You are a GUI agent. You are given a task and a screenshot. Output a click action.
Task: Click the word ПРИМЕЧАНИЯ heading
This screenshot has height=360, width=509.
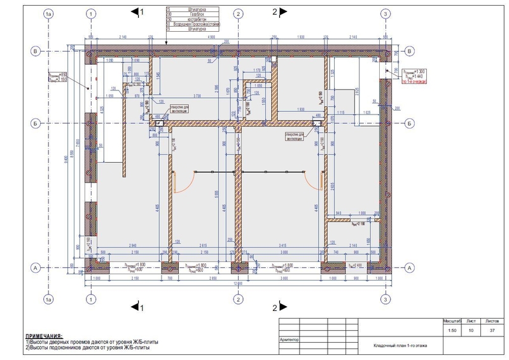[x=43, y=335]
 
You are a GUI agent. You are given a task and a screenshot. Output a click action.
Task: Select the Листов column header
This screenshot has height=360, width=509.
[x=492, y=322]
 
